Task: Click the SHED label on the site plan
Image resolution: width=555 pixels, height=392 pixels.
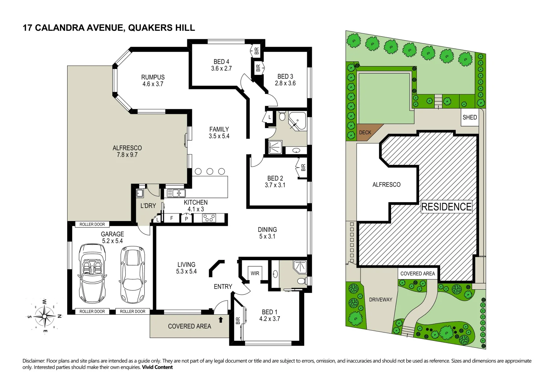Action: pos(470,117)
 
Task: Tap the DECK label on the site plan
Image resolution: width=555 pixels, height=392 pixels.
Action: pos(365,132)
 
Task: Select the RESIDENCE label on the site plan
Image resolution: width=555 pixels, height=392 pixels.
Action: pos(446,207)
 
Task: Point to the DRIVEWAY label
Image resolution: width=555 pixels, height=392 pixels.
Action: pos(381,299)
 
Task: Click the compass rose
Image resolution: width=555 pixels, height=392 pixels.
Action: pos(44,316)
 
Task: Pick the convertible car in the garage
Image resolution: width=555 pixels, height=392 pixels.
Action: pos(92,273)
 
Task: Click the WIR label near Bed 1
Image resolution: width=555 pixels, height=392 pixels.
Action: pos(255,273)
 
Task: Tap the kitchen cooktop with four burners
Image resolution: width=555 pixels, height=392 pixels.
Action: pos(209,218)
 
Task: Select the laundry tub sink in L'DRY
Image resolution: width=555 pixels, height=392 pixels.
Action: pos(140,193)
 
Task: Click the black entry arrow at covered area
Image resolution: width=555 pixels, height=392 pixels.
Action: pos(221,320)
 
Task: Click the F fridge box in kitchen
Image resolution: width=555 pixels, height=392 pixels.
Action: pos(172,218)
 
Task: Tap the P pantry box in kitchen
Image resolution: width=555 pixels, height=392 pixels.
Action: pos(186,219)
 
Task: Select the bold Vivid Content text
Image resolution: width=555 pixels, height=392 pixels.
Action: pos(157,367)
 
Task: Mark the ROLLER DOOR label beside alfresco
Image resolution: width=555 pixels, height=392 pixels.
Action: pos(92,224)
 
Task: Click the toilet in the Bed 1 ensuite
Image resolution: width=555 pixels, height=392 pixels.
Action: pos(301,281)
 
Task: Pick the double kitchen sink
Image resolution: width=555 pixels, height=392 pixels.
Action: pos(176,193)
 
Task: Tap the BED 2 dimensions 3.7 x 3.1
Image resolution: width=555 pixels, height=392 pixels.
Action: pos(275,185)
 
